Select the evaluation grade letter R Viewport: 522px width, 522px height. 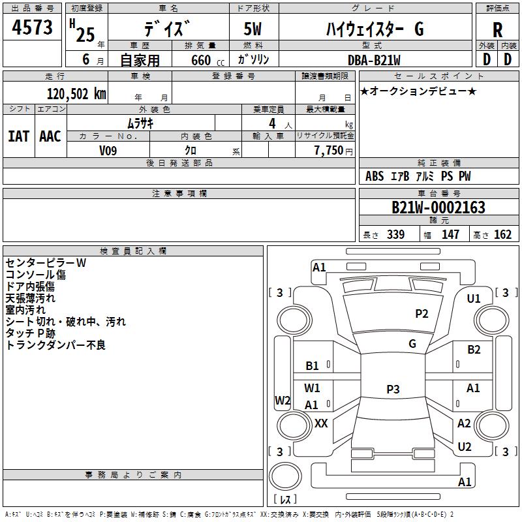coord(498,30)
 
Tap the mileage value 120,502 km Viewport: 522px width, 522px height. coord(76,93)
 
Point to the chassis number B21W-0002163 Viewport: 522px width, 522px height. coord(438,207)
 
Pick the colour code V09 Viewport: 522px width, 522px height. coord(108,151)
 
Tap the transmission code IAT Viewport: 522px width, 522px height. coord(18,136)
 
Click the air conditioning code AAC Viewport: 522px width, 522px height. coord(50,136)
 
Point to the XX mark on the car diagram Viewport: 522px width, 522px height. coord(321,423)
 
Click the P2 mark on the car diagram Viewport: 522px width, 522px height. coord(422,314)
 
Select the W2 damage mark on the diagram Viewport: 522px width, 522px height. coord(283,401)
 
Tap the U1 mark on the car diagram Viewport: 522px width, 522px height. coord(474,299)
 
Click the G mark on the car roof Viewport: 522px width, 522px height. coord(412,344)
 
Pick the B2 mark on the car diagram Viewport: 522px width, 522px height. coord(474,350)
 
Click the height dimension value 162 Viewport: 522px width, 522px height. coord(502,235)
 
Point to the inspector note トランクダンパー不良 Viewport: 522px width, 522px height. coord(55,345)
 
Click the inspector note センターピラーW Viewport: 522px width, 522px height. coord(46,263)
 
